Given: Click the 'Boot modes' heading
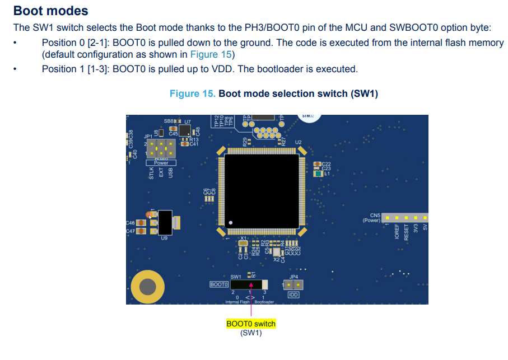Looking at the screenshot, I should tap(50, 11).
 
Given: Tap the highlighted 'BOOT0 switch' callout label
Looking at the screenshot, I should tap(251, 324).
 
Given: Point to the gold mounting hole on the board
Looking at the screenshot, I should tap(148, 287).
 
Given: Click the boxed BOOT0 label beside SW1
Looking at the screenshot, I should tap(219, 284).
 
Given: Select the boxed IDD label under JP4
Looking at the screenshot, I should tap(293, 294).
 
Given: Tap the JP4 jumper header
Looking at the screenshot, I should tap(294, 285).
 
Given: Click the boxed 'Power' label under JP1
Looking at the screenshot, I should tap(161, 163).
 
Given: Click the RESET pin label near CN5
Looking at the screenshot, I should tap(407, 232).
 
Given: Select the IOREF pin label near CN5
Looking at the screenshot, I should tap(397, 232).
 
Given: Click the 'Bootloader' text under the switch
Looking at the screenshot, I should tap(264, 302).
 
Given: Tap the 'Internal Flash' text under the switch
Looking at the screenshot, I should tap(237, 302).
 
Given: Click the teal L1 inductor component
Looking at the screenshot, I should tap(318, 174).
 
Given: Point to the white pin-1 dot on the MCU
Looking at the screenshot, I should tap(230, 223).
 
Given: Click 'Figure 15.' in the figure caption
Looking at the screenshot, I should tap(193, 93).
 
